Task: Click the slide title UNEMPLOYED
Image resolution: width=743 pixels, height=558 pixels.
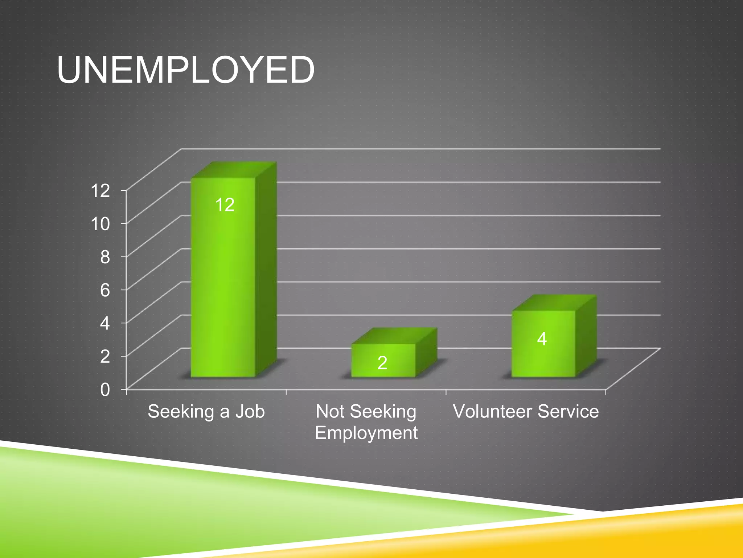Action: [x=185, y=70]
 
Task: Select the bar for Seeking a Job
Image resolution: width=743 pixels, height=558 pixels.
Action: [x=223, y=283]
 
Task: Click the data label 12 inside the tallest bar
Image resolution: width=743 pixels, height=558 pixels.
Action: [x=225, y=205]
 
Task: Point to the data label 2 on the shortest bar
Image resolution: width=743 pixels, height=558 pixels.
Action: [x=382, y=363]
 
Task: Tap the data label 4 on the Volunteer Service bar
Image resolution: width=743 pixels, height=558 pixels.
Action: [x=542, y=339]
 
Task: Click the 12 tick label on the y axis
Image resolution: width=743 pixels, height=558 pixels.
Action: [x=100, y=190]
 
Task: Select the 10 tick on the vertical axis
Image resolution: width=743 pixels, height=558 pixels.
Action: [x=100, y=223]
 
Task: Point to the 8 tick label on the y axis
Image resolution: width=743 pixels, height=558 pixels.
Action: [x=105, y=257]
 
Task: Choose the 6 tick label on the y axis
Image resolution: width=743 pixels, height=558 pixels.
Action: [x=105, y=290]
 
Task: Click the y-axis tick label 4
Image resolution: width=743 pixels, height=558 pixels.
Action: [x=105, y=323]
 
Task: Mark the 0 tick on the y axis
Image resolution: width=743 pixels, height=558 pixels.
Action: [x=105, y=389]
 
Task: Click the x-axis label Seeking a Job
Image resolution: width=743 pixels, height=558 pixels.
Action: [x=206, y=412]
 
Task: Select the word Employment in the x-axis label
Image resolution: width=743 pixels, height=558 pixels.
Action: [x=366, y=433]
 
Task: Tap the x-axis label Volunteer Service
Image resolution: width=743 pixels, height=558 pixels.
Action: [x=526, y=412]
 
